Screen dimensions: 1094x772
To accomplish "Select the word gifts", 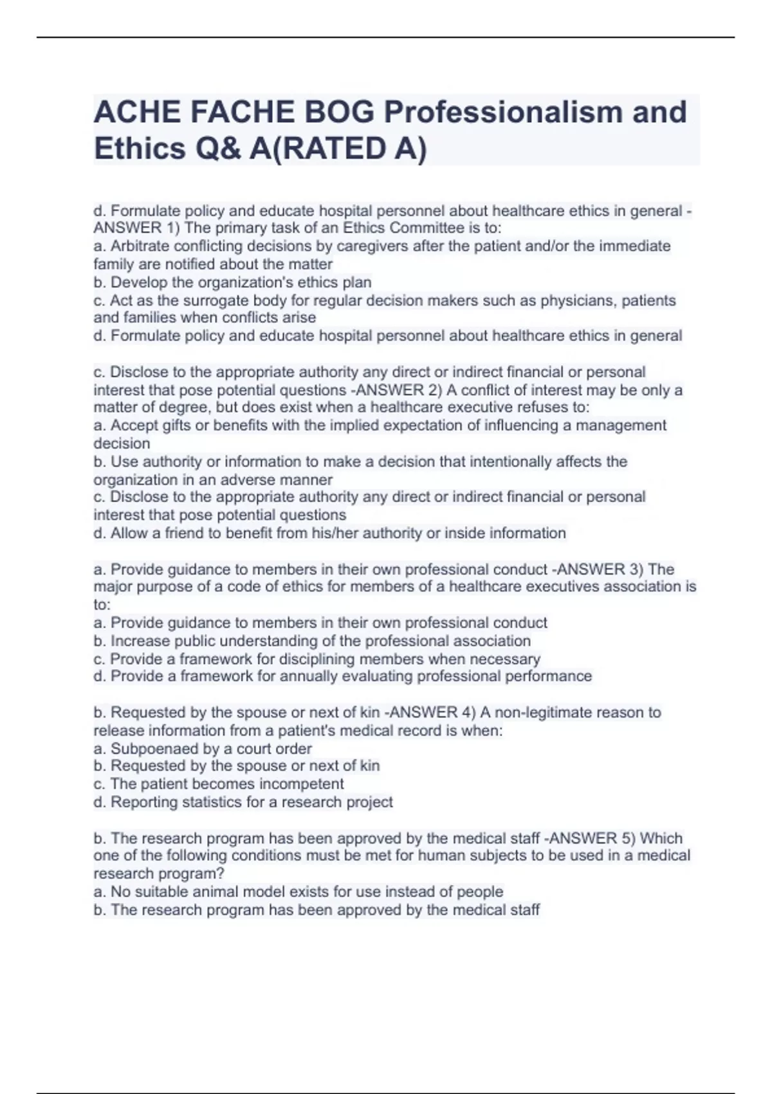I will pyautogui.click(x=165, y=425).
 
